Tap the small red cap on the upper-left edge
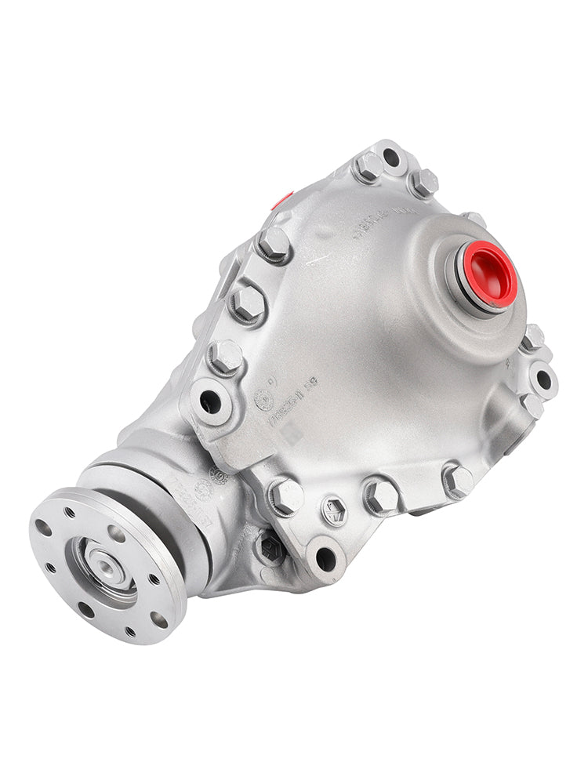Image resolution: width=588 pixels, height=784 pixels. coord(282,200)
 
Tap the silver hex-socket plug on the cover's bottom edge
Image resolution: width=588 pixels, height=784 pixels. coord(334,511)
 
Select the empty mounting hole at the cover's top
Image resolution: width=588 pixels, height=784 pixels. coord(390,157)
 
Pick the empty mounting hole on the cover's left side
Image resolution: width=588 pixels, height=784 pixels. coord(210,401)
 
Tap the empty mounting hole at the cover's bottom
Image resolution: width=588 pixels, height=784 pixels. coord(325,558)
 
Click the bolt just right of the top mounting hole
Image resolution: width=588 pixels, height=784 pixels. coord(423,183)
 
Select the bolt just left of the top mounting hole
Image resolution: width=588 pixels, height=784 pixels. coord(367,167)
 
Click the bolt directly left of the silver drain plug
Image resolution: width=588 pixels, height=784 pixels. coord(286,495)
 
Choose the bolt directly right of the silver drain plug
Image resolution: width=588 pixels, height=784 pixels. coord(381,495)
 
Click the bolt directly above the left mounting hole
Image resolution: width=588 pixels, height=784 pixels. coord(225,357)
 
